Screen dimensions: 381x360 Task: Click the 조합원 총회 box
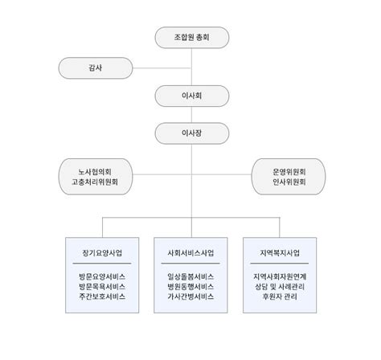[x=192, y=38]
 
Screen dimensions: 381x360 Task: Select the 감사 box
[x=96, y=68]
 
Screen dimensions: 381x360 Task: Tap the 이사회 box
[x=192, y=96]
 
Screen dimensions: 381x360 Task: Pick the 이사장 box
[x=192, y=133]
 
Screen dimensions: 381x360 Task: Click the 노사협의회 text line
[x=95, y=172]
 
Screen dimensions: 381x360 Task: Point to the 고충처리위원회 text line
[x=95, y=182]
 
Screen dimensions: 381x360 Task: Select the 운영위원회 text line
[x=289, y=172]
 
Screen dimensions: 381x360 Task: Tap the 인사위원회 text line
[x=289, y=182]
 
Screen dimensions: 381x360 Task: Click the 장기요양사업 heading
[x=102, y=253]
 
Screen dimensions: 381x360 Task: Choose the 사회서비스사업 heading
[x=190, y=253]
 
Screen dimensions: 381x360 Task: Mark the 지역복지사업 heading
[x=280, y=253]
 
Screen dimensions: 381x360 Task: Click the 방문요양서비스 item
[x=102, y=276]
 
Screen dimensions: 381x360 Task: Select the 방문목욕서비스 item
[x=102, y=287]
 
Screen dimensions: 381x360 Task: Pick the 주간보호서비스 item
[x=102, y=297]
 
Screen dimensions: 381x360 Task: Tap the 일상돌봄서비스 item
[x=190, y=276]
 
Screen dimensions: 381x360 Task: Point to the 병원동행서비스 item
[x=190, y=287]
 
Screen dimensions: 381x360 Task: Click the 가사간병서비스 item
[x=190, y=297]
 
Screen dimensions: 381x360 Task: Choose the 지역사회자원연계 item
[x=280, y=276]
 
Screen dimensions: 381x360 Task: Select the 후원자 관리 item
[x=280, y=297]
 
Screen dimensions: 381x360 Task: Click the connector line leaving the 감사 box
[x=162, y=68]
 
